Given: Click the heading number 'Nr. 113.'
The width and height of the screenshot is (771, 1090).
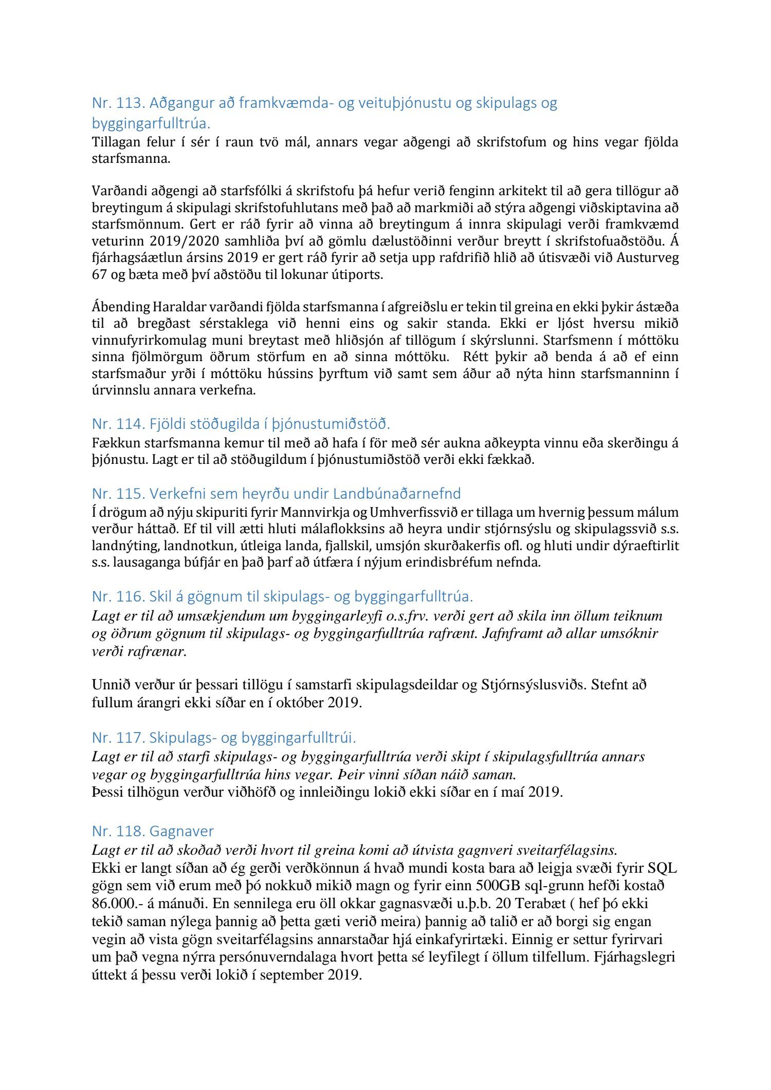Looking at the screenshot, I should pos(118,103).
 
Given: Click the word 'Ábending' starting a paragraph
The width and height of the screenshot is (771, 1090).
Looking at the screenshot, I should pos(120,307).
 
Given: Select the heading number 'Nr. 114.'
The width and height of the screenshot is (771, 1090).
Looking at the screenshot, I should pos(118,424).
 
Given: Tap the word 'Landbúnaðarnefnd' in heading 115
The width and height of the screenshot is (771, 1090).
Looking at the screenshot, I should pos(397,494).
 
